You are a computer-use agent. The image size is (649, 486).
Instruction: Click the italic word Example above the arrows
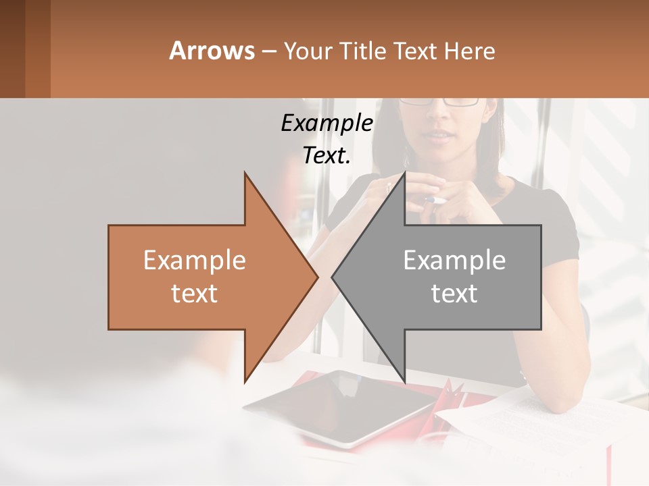coord(327,124)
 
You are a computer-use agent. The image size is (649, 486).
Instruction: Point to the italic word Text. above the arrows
coord(327,155)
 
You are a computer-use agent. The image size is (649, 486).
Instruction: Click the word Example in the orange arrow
coord(195,261)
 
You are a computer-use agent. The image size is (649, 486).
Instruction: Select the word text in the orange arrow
coord(195,294)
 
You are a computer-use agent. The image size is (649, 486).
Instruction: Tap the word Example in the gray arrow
coord(454,261)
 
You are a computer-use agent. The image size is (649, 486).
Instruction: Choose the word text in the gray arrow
coord(454,294)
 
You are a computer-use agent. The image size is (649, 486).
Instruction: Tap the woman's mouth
coord(440,137)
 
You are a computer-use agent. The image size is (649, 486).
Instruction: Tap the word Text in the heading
coord(415,51)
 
